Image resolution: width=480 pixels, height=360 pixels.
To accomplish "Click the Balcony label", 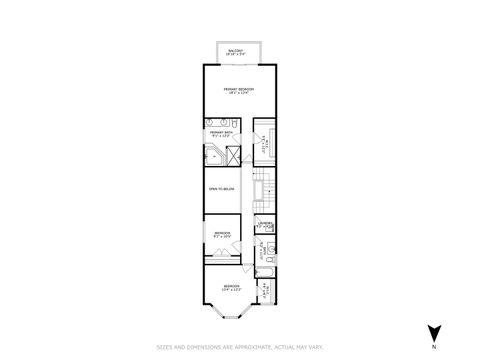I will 241,51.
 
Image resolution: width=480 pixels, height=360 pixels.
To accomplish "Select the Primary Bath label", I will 220,134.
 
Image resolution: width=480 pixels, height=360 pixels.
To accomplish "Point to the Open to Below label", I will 221,189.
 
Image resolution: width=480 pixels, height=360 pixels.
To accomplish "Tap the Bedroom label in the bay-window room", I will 231,288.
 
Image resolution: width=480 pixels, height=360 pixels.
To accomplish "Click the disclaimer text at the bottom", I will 240,348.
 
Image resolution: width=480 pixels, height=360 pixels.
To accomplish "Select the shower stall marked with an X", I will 233,155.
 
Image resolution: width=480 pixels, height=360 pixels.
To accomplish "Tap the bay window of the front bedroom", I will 231,319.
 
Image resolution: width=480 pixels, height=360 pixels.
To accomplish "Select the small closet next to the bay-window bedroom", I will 265,293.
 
